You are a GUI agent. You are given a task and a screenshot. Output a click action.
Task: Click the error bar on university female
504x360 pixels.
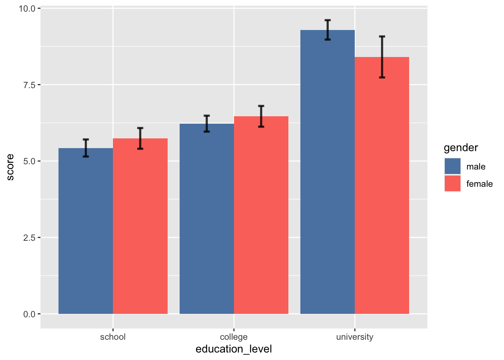point(382,57)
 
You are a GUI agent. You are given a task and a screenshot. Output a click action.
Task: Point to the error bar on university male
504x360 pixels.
point(327,30)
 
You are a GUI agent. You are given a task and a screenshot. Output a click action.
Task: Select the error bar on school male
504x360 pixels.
point(86,148)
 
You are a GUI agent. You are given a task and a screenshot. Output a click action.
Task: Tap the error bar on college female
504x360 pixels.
point(261,116)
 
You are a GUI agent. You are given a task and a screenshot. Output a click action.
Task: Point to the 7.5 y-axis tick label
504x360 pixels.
point(29,85)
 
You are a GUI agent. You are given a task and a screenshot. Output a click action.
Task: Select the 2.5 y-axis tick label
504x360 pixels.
point(29,237)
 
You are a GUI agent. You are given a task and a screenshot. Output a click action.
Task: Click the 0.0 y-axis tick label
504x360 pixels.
point(29,314)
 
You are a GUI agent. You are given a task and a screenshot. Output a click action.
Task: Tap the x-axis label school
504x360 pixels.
point(113,337)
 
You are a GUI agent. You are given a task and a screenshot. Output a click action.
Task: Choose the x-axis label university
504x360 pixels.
point(354,337)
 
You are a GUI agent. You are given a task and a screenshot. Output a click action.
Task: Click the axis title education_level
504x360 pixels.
point(234,349)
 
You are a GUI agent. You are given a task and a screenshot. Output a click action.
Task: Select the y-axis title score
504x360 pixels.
point(10,167)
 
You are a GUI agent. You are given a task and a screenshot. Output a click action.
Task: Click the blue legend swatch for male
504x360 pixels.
point(452,166)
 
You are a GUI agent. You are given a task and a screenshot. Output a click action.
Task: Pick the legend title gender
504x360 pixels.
point(460,148)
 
